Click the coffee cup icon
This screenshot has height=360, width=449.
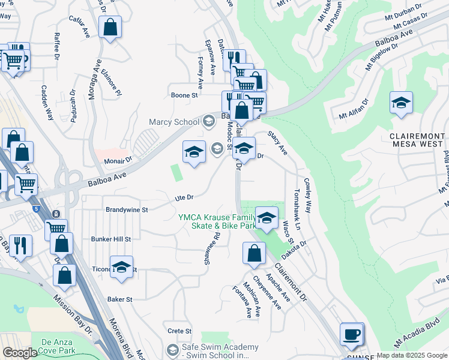352,334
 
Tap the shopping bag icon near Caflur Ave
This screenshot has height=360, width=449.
110,27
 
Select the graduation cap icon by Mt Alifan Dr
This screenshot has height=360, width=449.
401,103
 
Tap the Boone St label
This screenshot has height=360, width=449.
184,95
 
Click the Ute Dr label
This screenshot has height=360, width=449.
184,197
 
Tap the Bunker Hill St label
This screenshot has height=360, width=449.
110,239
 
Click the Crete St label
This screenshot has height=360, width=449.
179,331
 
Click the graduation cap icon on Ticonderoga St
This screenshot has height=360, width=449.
122,268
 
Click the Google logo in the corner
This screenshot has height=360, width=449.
20,353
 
